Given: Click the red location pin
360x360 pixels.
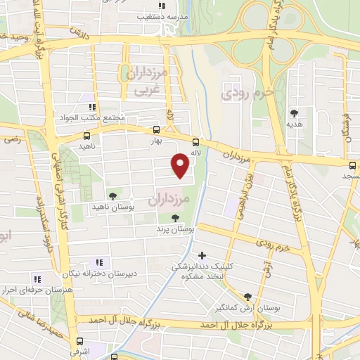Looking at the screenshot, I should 181,165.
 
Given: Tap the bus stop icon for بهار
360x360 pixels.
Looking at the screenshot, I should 155,129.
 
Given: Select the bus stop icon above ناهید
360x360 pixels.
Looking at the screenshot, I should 87,135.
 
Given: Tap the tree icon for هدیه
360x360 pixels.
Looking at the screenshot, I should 294,112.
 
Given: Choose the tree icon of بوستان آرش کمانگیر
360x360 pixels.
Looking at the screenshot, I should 247,297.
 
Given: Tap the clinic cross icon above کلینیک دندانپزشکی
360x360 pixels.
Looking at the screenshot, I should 202,255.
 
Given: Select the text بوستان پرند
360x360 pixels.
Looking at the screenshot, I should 174,229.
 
